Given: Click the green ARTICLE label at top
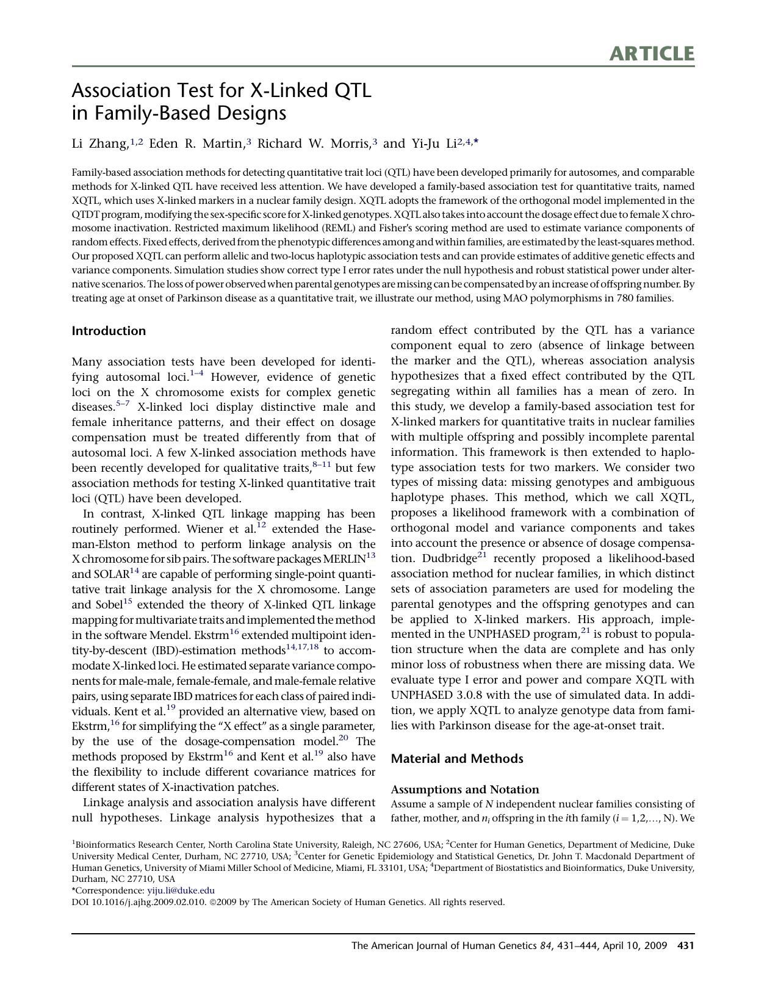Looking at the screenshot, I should [651, 54].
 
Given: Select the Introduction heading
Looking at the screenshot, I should [109, 331].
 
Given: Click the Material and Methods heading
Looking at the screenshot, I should [456, 759].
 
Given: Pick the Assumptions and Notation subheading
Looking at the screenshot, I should [464, 789].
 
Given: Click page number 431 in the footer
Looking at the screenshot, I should [686, 946].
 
